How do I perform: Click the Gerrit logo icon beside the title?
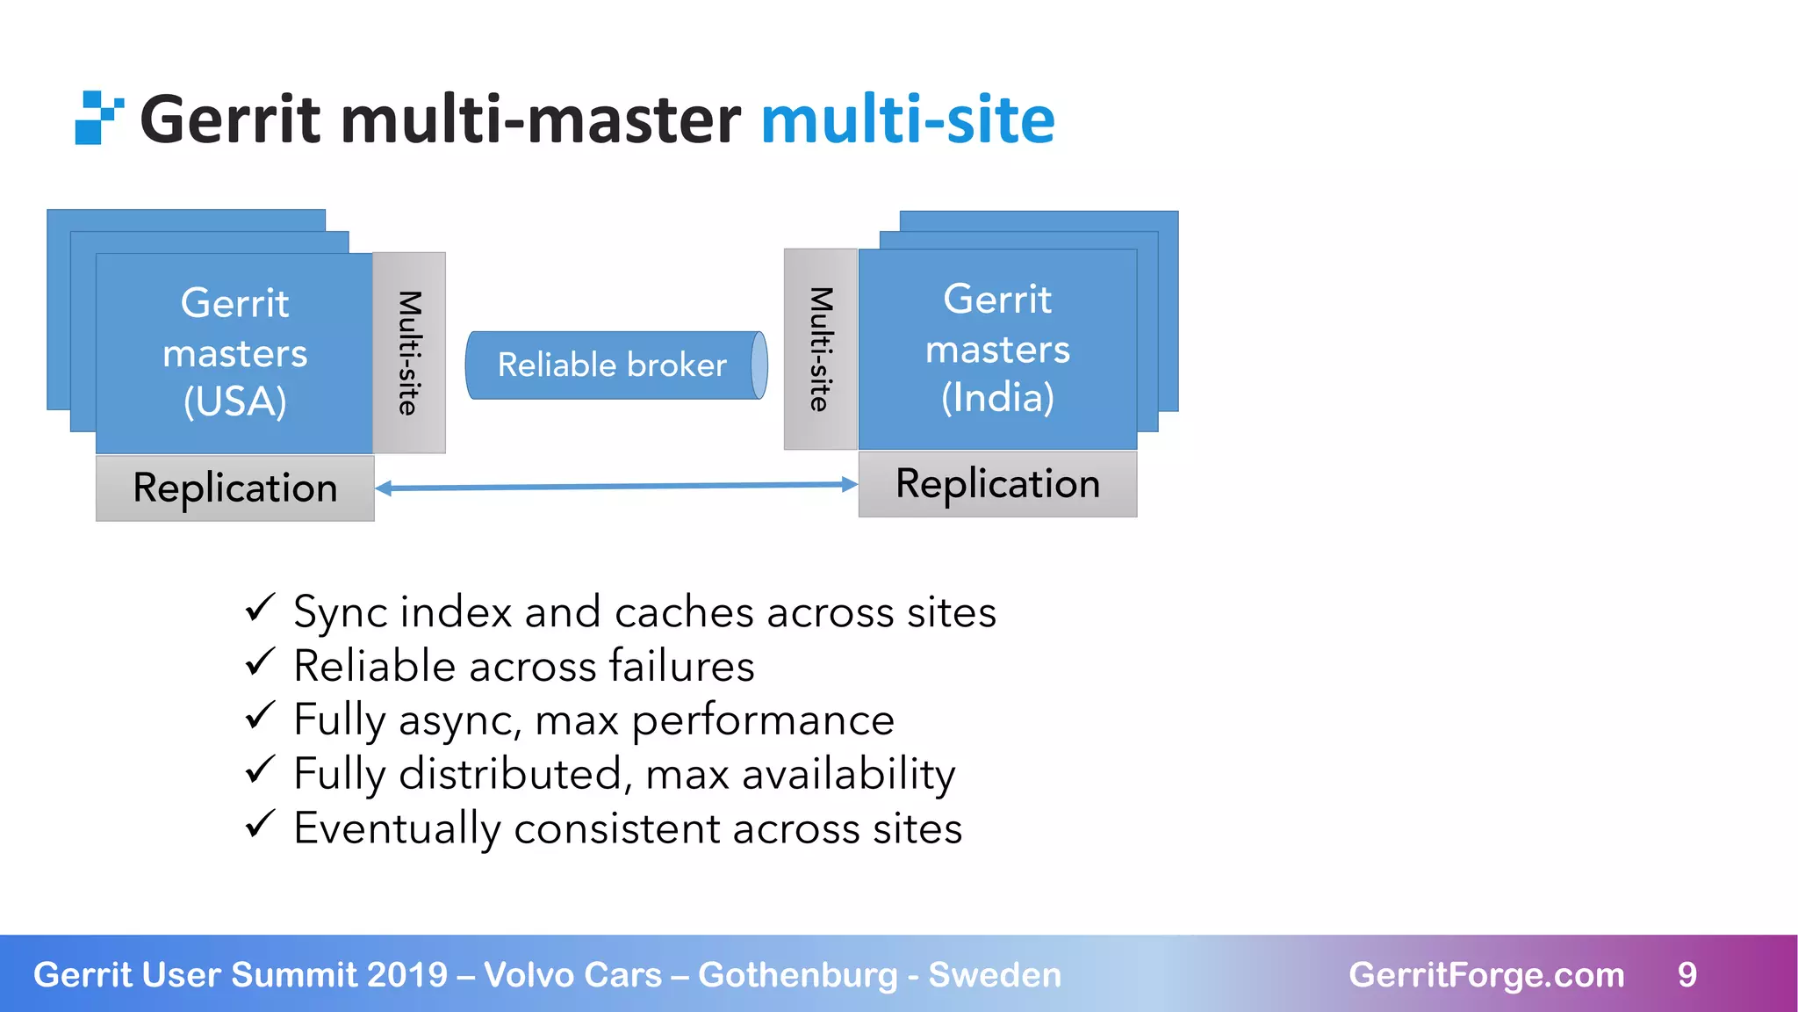pyautogui.click(x=98, y=118)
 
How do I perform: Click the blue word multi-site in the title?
pyautogui.click(x=907, y=119)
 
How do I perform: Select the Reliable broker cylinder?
pyautogui.click(x=615, y=365)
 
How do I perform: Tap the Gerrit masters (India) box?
pyautogui.click(x=997, y=350)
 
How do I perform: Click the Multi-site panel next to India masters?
pyautogui.click(x=820, y=350)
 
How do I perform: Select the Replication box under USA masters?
pyautogui.click(x=234, y=488)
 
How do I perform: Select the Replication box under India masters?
pyautogui.click(x=997, y=484)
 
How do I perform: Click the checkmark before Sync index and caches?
pyautogui.click(x=261, y=608)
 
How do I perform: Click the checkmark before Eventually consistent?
pyautogui.click(x=261, y=824)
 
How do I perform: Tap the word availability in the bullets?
pyautogui.click(x=848, y=775)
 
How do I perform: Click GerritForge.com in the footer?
pyautogui.click(x=1486, y=975)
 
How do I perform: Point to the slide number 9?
pyautogui.click(x=1687, y=975)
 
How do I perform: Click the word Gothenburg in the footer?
pyautogui.click(x=797, y=975)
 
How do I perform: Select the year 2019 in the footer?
pyautogui.click(x=407, y=975)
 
